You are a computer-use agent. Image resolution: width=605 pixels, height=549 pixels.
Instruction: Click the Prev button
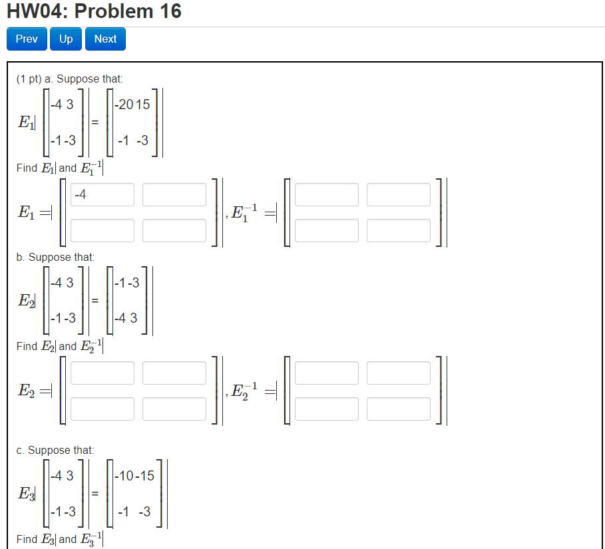27,39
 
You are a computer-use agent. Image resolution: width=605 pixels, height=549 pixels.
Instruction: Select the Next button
105,39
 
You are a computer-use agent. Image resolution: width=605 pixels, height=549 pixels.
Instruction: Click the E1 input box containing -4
102,195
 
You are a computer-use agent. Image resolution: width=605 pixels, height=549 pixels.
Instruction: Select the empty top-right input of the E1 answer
174,195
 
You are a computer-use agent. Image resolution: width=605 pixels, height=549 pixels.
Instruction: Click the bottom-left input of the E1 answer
102,230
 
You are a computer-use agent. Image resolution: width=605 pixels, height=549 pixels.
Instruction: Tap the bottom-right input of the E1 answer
174,230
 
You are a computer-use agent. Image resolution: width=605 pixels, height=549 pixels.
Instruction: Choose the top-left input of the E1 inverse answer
327,195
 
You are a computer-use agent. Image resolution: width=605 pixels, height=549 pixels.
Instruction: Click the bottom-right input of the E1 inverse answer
399,230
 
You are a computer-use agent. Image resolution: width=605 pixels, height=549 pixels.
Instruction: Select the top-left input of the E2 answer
102,373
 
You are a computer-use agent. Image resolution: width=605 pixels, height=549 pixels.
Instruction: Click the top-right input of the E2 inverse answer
399,373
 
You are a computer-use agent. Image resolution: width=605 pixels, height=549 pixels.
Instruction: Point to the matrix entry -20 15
132,104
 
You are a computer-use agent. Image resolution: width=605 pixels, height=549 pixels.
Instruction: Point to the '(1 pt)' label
29,79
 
